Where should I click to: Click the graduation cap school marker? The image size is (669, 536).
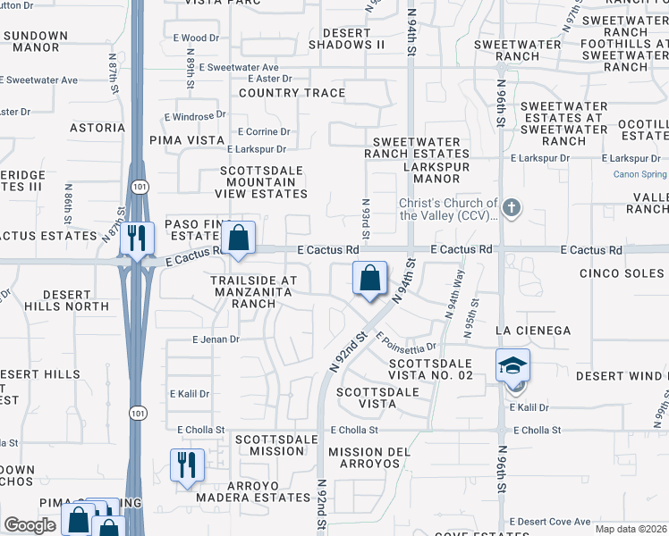pos(513,366)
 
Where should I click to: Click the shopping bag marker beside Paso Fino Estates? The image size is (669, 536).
pos(239,239)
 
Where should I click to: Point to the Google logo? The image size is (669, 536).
pos(30,525)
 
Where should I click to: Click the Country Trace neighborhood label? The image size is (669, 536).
pos(292,93)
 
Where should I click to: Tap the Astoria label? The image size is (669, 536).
pos(97,128)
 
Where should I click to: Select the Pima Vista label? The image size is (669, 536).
pos(186,140)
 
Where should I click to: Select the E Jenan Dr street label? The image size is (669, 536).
pos(216,339)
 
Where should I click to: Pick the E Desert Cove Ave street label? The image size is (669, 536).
pos(549,522)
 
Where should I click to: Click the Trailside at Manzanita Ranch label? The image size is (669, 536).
pos(252,291)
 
